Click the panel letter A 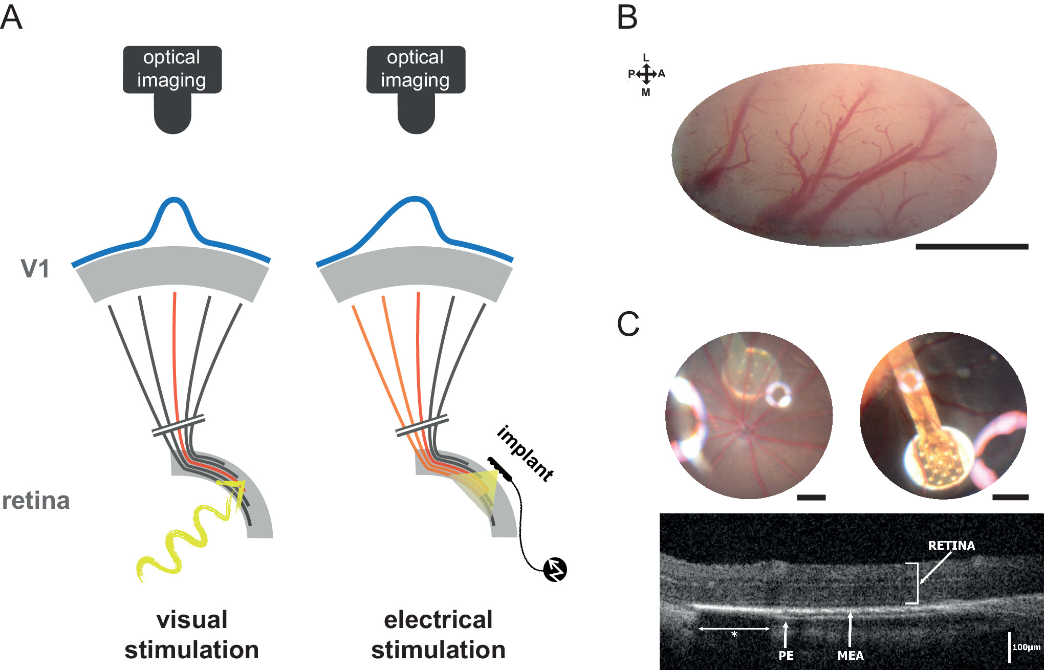click(x=11, y=17)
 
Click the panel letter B click(x=627, y=17)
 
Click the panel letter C click(x=628, y=324)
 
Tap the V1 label click(x=35, y=269)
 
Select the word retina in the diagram click(x=36, y=501)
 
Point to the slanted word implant click(x=525, y=453)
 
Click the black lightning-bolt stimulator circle click(x=555, y=570)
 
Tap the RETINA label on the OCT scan click(x=951, y=546)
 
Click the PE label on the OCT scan click(x=786, y=656)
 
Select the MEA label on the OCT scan click(x=851, y=656)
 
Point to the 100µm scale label click(x=1026, y=647)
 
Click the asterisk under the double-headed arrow click(x=734, y=635)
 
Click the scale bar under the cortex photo click(x=971, y=247)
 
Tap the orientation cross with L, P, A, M click(x=646, y=75)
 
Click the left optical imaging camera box click(x=172, y=70)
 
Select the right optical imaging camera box click(x=416, y=70)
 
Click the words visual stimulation click(x=192, y=635)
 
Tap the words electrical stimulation click(x=438, y=635)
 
